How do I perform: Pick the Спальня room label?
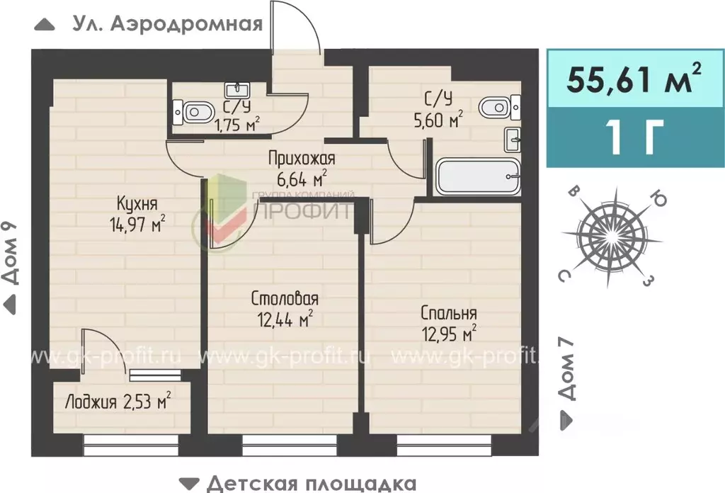448,313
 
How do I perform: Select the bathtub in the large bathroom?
478,177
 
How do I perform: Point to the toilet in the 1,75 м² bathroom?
195,112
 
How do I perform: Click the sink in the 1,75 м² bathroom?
235,90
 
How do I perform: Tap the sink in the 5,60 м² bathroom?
513,139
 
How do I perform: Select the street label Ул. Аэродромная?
167,23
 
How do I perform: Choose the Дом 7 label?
566,368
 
